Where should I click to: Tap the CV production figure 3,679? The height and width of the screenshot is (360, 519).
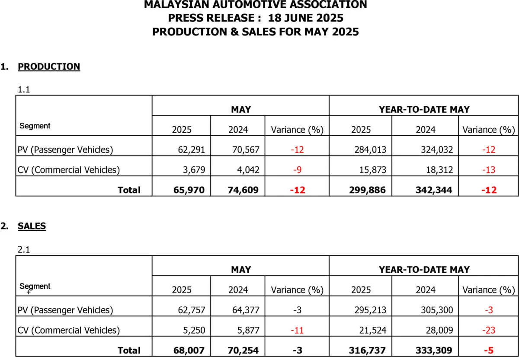194,170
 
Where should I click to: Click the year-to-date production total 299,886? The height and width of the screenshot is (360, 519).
365,190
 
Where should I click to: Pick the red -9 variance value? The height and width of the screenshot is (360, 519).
298,170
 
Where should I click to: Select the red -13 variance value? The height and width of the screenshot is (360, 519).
489,170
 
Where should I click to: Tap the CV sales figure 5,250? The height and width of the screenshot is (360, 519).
194,330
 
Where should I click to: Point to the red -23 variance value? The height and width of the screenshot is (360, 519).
489,330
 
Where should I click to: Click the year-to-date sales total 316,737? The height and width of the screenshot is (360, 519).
365,350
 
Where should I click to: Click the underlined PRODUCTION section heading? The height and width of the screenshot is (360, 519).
49,67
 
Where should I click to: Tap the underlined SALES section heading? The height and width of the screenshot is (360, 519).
32,226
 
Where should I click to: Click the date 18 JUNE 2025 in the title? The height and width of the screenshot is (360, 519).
305,18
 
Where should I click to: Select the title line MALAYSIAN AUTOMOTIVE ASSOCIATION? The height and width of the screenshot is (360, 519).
255,5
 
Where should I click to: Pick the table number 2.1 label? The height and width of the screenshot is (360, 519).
24,249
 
